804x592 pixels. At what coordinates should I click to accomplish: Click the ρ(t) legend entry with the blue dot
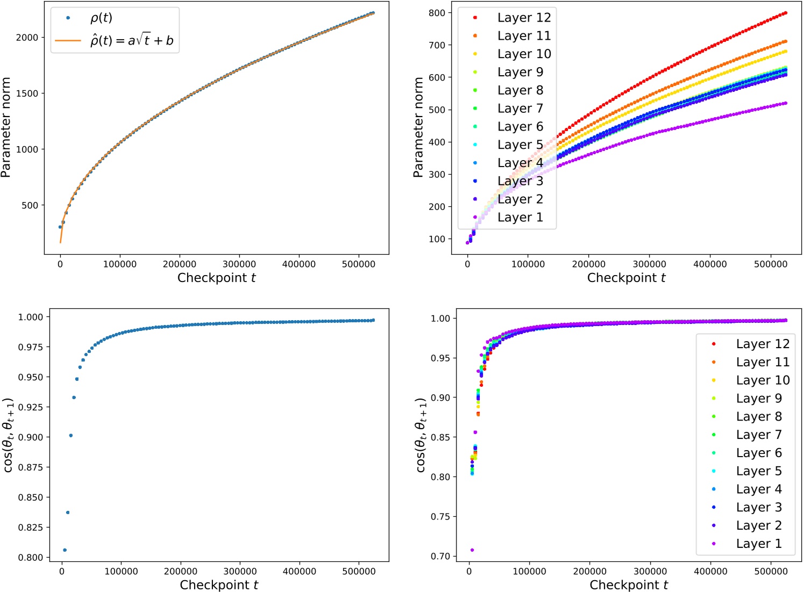(x=101, y=18)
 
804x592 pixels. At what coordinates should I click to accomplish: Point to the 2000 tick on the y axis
(x=27, y=37)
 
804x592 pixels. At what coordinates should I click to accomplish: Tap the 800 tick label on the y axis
(x=437, y=13)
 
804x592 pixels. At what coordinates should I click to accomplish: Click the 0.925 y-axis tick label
(x=31, y=407)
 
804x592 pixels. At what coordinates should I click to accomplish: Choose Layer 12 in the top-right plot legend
(x=524, y=18)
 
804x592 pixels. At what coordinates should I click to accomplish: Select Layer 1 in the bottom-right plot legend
(x=758, y=544)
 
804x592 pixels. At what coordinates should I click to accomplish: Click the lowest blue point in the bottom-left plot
(x=65, y=550)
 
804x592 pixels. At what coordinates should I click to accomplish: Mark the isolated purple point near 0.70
(x=472, y=550)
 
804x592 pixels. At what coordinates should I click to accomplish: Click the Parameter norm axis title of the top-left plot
(x=6, y=127)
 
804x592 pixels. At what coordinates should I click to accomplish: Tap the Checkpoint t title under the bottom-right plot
(x=629, y=585)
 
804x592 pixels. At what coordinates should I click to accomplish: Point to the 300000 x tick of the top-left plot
(x=239, y=264)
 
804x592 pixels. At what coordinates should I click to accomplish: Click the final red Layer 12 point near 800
(x=786, y=13)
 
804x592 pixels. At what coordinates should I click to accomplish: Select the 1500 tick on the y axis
(x=27, y=93)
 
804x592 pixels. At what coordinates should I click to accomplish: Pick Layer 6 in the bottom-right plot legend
(x=758, y=453)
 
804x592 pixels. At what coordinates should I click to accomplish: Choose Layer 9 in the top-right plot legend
(x=520, y=72)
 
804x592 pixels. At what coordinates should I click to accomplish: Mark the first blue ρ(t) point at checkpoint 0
(x=60, y=227)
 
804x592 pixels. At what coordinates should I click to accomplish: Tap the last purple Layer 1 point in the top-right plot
(x=786, y=103)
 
